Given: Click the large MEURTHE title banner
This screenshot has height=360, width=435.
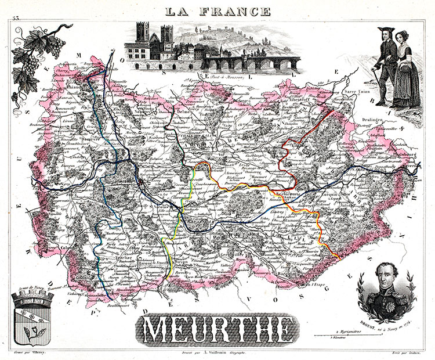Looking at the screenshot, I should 216,330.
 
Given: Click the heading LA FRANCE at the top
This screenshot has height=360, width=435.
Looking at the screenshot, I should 217,10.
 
